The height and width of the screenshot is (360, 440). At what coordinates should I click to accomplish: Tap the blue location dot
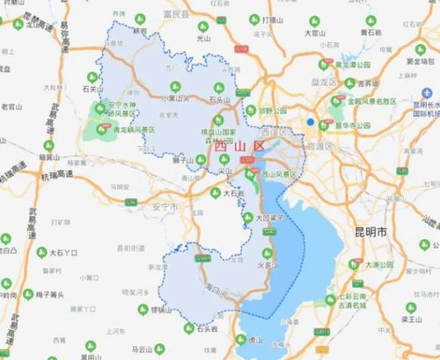click(311, 122)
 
